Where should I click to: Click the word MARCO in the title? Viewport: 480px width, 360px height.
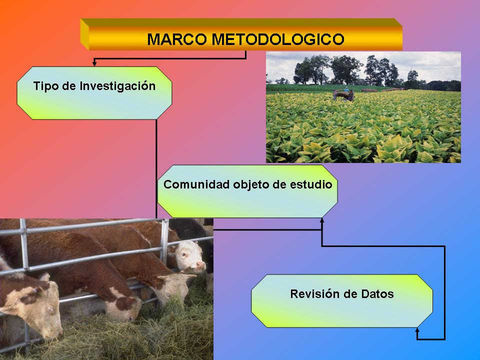coord(177,39)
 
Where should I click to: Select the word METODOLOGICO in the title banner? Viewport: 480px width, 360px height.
coord(278,39)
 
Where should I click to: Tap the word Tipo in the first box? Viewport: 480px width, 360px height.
coord(46,86)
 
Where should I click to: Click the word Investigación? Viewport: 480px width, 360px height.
coord(117,86)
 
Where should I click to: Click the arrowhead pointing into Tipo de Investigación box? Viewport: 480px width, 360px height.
coord(94,63)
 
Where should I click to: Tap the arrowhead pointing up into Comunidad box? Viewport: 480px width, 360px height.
coord(321,220)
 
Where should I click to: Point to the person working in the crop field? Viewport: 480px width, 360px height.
coord(346,93)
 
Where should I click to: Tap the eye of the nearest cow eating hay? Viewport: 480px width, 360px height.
coord(50,309)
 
